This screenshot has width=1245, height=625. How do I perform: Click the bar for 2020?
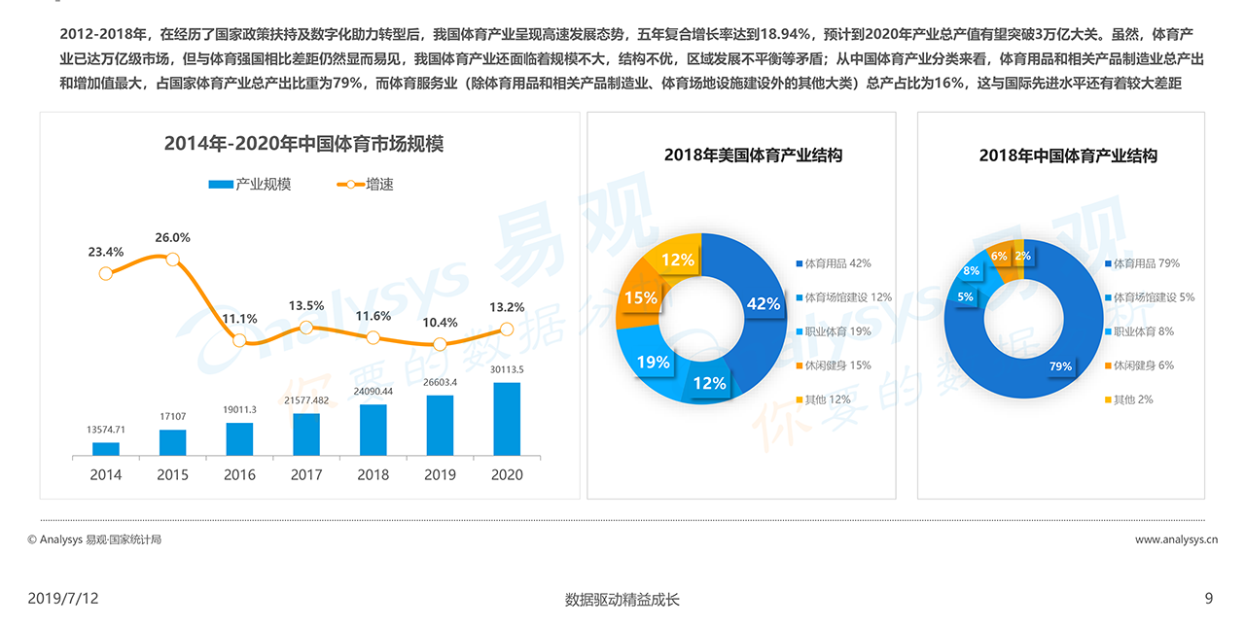[x=507, y=419]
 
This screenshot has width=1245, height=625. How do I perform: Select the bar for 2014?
[x=106, y=449]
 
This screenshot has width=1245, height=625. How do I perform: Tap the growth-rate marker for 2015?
[x=172, y=259]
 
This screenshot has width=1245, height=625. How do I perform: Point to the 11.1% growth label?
[x=239, y=319]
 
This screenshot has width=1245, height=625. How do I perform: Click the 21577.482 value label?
[x=306, y=400]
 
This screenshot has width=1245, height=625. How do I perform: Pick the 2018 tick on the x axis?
[x=373, y=474]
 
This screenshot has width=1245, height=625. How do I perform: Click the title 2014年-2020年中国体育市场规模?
[x=303, y=144]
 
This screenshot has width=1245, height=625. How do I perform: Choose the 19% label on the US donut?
[x=653, y=363]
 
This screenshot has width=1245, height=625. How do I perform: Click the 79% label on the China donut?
[x=1059, y=366]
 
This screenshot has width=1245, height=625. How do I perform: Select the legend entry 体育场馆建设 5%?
[x=1149, y=297]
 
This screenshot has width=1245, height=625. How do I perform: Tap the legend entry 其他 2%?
[x=1128, y=399]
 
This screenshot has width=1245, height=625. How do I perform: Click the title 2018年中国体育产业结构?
[x=1068, y=156]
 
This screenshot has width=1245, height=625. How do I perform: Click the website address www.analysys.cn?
[x=1176, y=539]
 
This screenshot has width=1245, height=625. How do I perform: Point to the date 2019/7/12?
[x=63, y=599]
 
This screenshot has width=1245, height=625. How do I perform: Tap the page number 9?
[x=1208, y=599]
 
